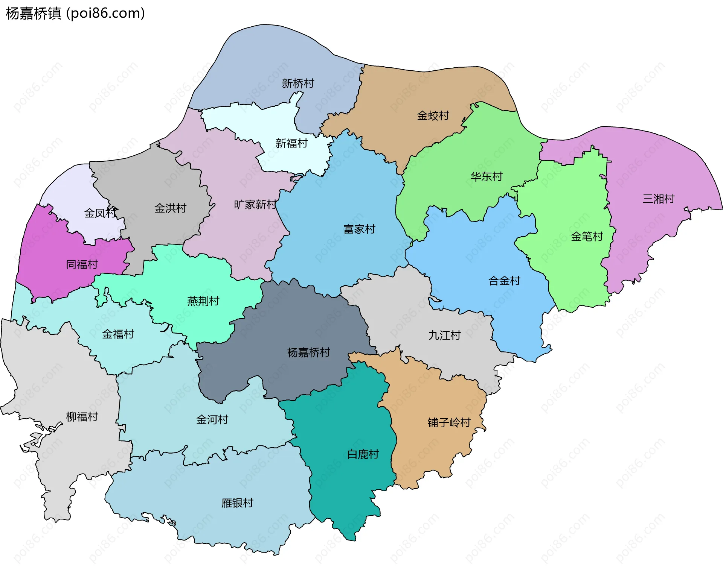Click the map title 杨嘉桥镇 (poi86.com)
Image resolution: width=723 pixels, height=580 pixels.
75,13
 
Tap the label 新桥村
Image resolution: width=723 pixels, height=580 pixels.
298,83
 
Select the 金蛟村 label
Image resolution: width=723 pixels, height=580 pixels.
433,115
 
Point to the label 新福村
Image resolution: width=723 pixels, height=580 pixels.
291,143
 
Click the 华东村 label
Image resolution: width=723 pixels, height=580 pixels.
487,176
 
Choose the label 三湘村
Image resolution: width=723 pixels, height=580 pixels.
658,199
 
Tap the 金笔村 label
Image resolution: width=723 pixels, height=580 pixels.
587,237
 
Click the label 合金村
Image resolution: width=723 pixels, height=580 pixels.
504,281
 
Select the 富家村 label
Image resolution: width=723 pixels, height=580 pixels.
359,229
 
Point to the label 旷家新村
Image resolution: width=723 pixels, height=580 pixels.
255,205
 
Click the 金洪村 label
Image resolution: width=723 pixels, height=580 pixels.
170,208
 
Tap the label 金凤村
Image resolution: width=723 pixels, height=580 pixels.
100,213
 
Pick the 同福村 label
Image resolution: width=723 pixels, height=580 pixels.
82,264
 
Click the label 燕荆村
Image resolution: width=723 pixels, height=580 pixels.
203,301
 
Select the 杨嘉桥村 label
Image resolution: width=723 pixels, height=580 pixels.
308,352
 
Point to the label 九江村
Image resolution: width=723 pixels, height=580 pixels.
444,335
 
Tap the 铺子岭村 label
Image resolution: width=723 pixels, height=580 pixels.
449,422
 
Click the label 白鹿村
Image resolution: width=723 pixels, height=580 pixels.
363,454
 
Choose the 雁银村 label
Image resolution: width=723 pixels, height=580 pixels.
237,503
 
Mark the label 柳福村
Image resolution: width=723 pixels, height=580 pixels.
82,417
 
